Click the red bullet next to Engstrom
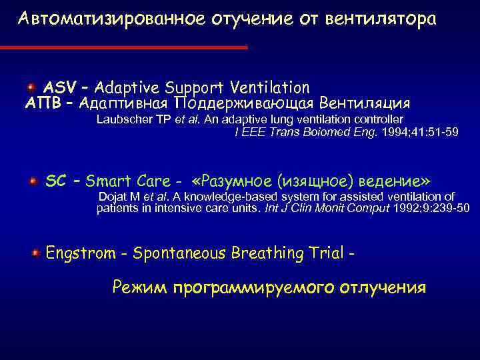34,253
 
